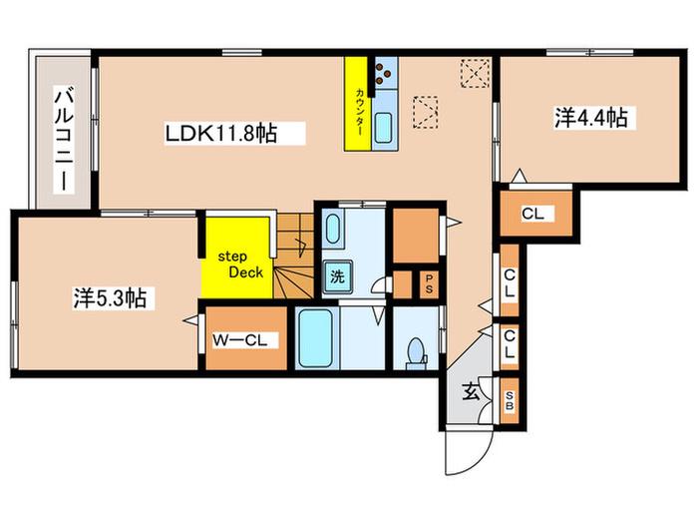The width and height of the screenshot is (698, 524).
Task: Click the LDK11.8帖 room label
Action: point(221,133)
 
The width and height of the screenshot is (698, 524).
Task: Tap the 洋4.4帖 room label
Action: point(591,118)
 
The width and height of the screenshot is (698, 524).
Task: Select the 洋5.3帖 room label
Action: point(110,297)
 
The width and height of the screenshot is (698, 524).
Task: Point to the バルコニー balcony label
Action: point(64,140)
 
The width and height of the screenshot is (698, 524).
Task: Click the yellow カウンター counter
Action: point(357,104)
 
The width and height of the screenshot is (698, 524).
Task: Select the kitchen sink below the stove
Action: point(384,128)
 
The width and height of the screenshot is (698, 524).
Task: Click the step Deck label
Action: point(237,264)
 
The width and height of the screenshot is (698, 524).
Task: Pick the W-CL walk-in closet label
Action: point(239,340)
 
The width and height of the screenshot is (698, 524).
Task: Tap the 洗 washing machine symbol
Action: point(337,276)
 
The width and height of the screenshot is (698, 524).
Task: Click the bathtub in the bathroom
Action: point(316,337)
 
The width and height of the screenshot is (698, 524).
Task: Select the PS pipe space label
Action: point(429,283)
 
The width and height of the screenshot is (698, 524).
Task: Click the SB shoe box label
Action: point(510,400)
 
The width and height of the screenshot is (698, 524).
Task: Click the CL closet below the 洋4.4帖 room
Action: point(535,214)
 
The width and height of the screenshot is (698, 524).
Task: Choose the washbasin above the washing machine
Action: point(333,229)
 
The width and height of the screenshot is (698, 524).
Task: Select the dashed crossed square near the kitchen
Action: point(475,73)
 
